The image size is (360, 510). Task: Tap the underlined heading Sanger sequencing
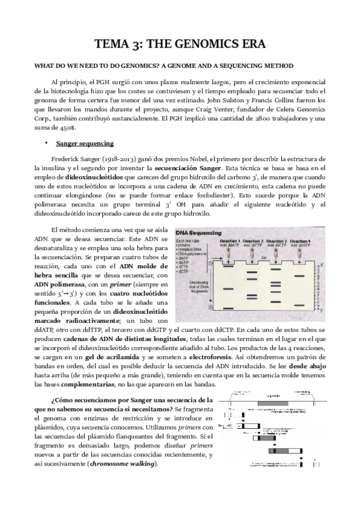[x=81, y=144]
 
